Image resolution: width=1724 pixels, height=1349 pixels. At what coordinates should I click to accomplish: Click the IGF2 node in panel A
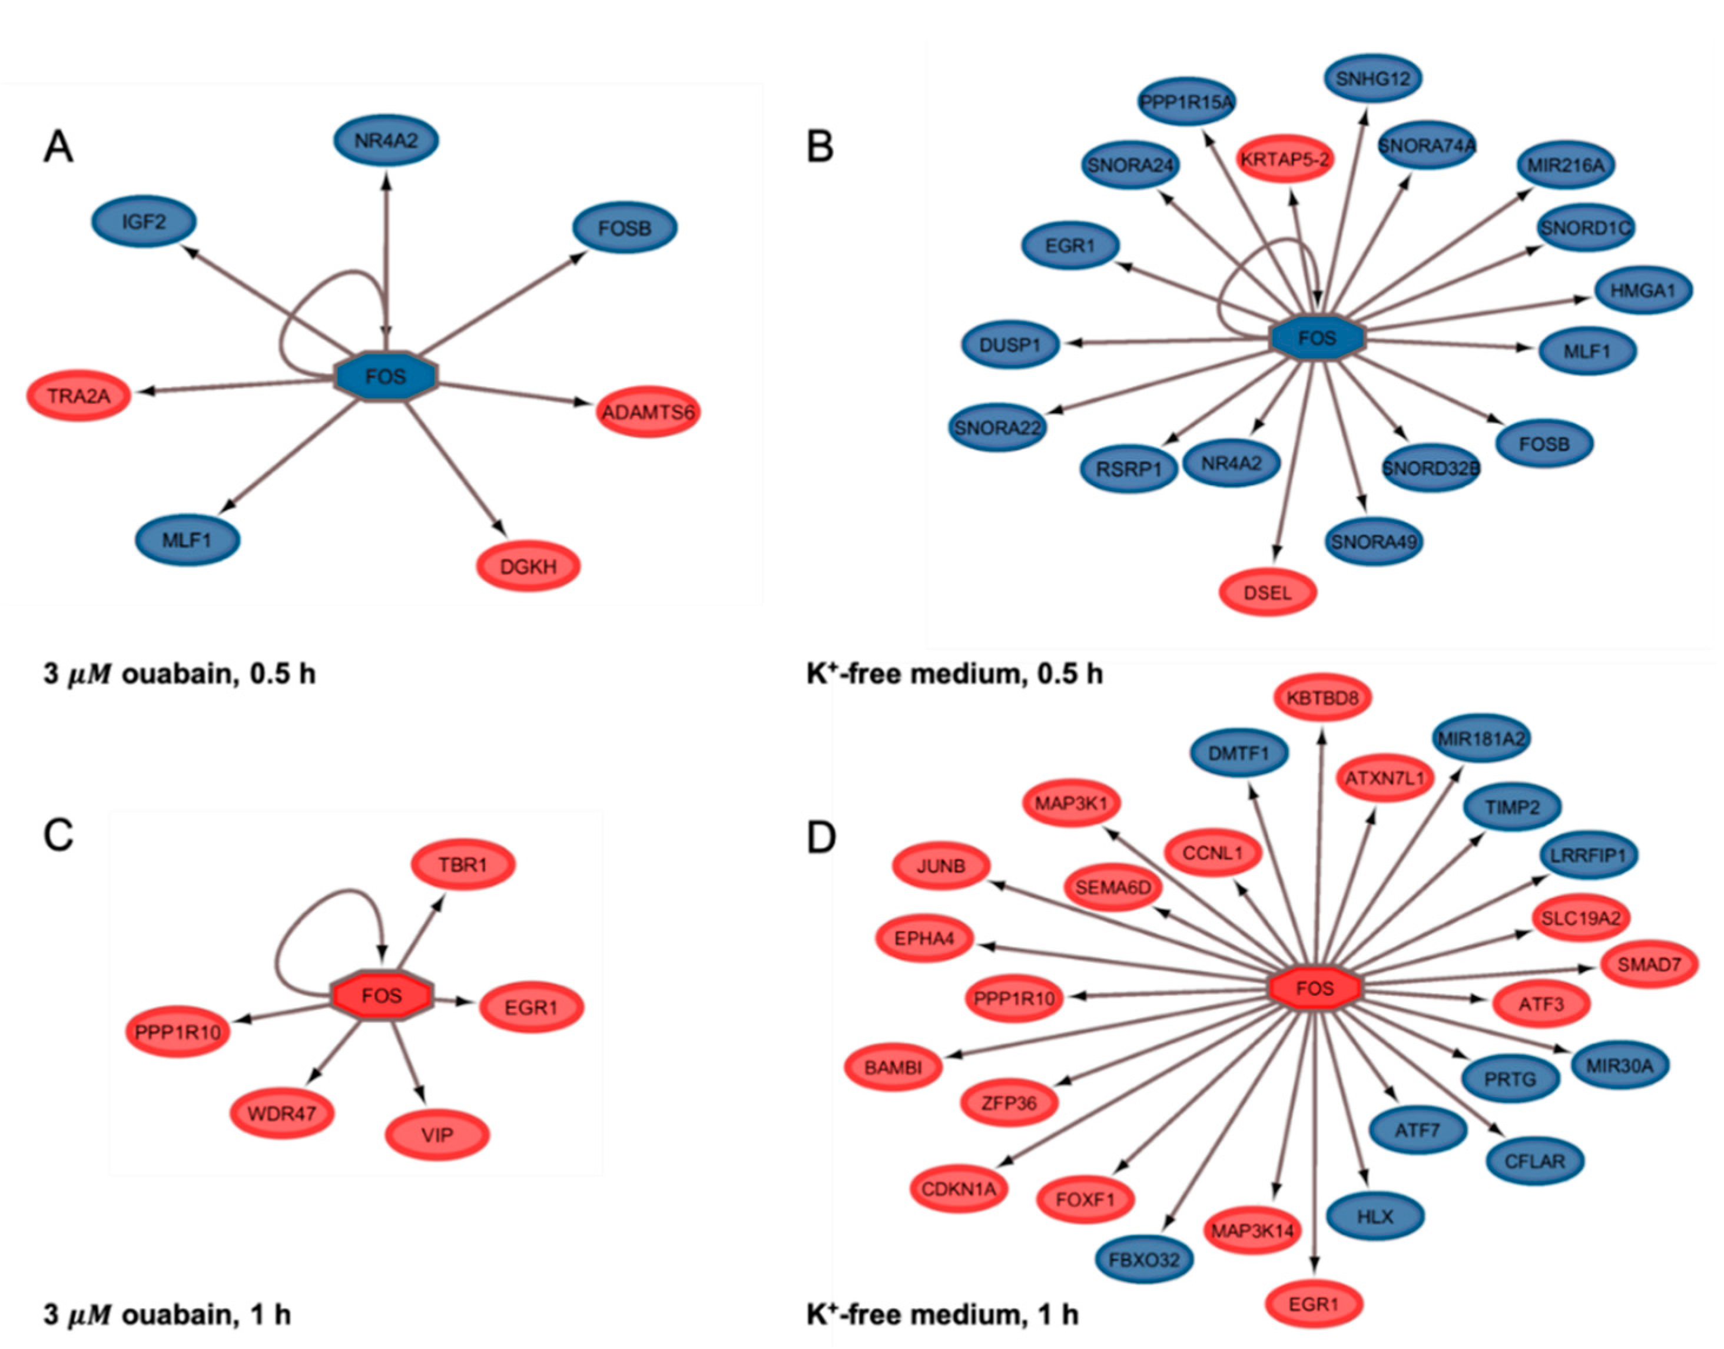point(144,222)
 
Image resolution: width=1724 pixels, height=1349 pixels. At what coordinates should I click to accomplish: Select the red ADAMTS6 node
point(648,412)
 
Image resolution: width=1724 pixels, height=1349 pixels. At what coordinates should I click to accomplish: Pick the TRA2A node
point(79,395)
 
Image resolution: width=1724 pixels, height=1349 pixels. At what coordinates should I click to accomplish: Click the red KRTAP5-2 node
point(1285,160)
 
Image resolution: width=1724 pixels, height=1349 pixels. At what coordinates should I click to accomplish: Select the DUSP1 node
point(1010,345)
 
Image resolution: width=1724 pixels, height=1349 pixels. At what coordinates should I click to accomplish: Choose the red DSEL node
point(1268,592)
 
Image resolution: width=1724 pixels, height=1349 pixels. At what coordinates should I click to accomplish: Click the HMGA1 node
point(1643,290)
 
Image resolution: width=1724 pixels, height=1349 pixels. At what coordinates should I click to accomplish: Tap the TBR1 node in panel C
point(463,865)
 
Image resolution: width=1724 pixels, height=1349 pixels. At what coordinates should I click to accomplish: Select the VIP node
point(437,1135)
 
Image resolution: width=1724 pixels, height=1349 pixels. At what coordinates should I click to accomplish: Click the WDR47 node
point(282,1113)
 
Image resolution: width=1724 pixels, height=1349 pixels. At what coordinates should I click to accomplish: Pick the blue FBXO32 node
point(1145,1259)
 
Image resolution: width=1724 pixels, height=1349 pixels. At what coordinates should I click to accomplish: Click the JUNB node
point(940,866)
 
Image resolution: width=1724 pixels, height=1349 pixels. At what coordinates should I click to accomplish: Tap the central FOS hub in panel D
point(1315,988)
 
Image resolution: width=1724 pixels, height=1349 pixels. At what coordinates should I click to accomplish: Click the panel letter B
point(820,147)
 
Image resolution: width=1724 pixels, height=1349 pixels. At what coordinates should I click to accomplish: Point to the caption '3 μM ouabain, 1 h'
point(167,1314)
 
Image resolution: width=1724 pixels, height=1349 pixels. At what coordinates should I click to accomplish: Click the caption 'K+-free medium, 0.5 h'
point(954,674)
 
